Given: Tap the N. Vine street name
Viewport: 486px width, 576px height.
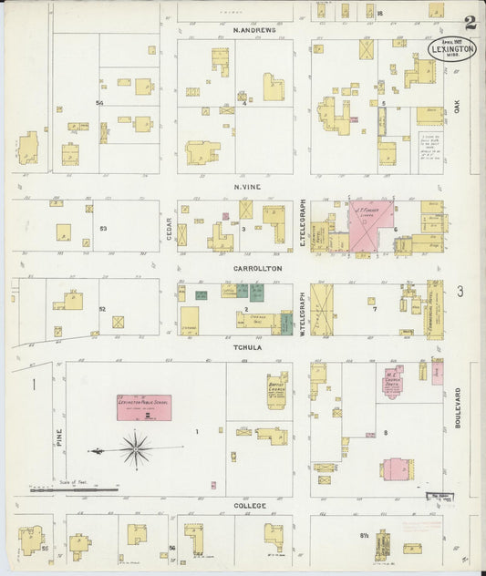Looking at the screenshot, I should (x=246, y=187).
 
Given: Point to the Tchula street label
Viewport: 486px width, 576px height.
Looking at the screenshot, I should (x=250, y=347).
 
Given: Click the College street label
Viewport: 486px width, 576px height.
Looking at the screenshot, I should (x=250, y=505).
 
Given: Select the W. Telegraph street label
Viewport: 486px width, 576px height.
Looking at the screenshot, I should (x=302, y=311).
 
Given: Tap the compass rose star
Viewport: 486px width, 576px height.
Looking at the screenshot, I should (x=135, y=449).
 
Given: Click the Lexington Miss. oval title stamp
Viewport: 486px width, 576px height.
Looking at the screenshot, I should (x=450, y=48).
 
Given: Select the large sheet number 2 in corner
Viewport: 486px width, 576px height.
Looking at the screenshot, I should (x=468, y=22).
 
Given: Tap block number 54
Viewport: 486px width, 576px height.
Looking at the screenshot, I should (x=99, y=103).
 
